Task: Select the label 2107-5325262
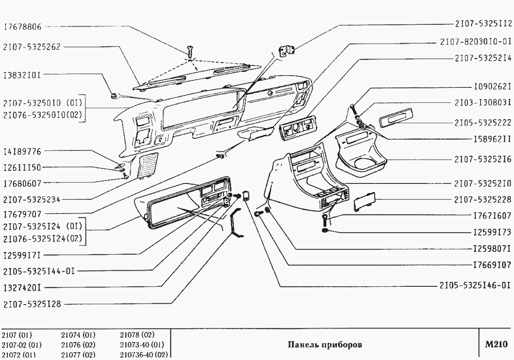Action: tap(31, 47)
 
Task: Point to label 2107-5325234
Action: tap(31, 199)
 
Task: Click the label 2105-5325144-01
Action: tap(38, 271)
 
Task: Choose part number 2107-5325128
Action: tap(31, 305)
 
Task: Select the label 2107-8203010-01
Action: tap(476, 42)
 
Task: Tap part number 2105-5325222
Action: tap(483, 122)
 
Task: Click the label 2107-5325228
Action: tap(483, 199)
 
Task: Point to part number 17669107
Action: tap(493, 265)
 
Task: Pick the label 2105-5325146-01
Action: tap(476, 286)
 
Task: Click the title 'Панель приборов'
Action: tap(325, 344)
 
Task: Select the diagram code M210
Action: tap(496, 344)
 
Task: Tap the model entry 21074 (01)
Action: tap(78, 335)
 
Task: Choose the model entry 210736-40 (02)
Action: tap(144, 355)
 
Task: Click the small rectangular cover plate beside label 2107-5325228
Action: tap(363, 202)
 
